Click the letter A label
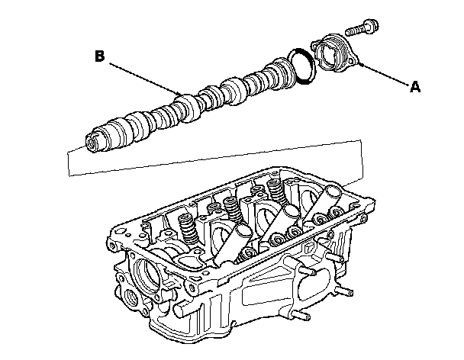(x=415, y=87)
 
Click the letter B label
(x=99, y=55)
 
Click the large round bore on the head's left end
(x=145, y=271)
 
